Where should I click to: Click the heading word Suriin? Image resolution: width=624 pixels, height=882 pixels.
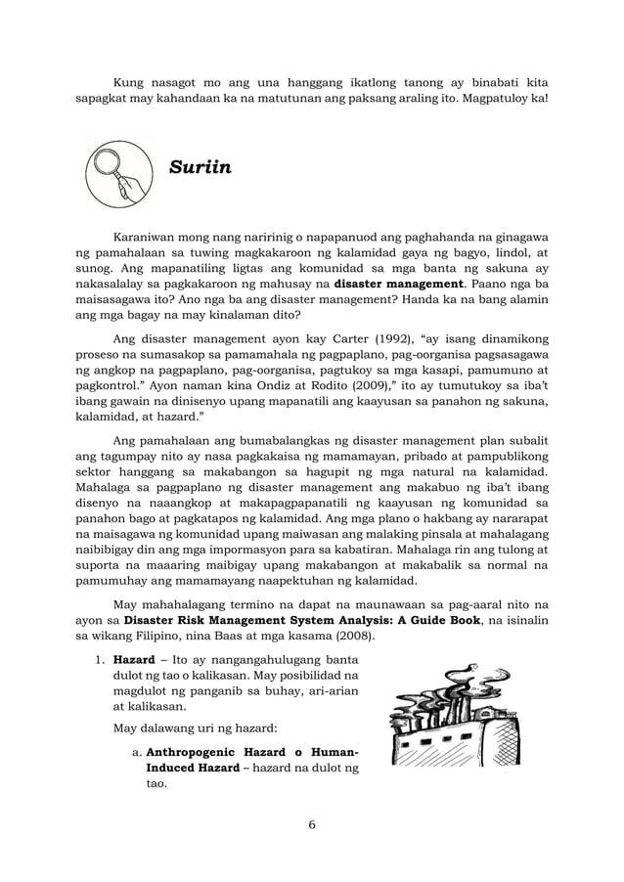201,167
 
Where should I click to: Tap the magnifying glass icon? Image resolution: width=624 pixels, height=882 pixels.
118,172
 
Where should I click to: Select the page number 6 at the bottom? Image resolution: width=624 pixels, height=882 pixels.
311,824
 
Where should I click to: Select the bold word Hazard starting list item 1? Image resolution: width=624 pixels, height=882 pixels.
134,659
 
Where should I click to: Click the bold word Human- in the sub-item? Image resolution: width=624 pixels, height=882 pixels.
328,752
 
